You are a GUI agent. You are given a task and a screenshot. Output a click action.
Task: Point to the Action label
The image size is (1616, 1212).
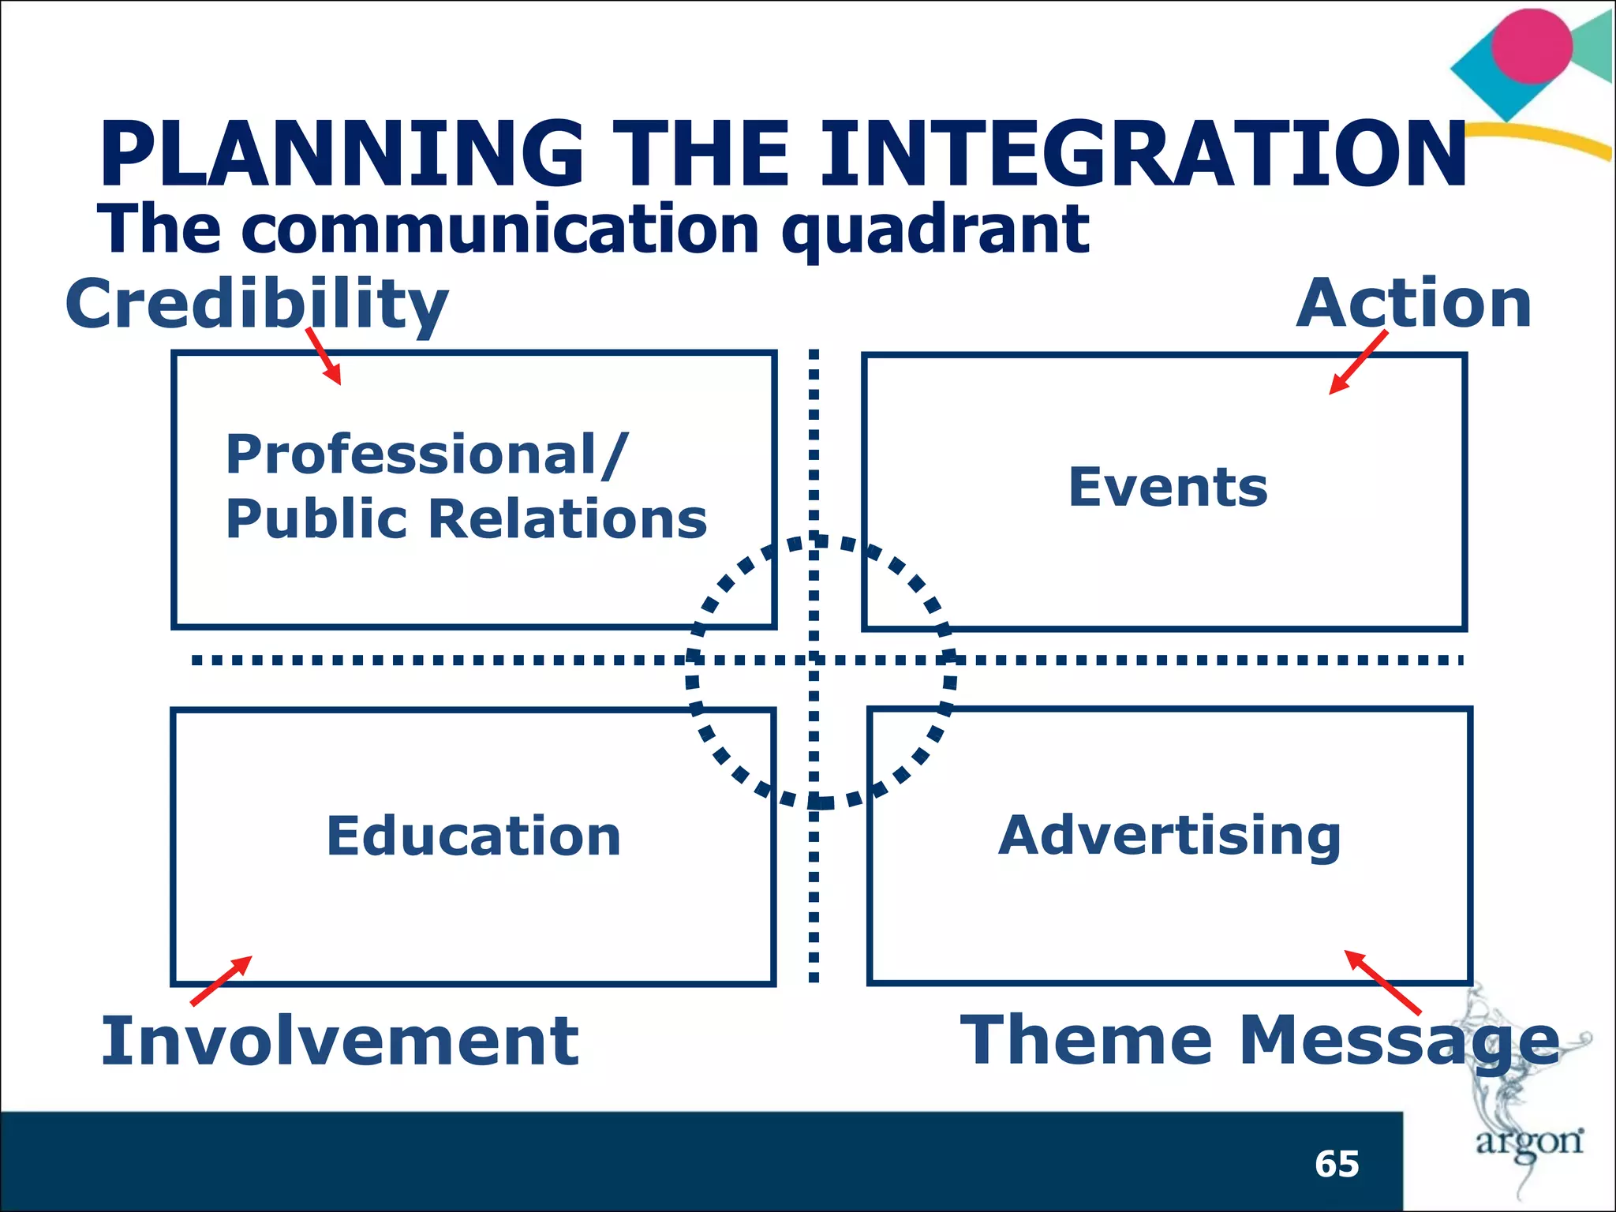coord(1413,304)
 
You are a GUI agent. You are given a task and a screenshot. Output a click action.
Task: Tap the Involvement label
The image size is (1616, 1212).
coord(339,1041)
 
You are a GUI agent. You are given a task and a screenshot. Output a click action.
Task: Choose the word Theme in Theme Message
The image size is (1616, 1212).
coord(1085,1039)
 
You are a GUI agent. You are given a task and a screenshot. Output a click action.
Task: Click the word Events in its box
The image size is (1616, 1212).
coord(1168,487)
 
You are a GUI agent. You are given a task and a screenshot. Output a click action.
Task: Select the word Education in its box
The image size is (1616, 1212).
coord(473,836)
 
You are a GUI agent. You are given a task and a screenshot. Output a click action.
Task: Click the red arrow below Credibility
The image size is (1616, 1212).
coord(324,356)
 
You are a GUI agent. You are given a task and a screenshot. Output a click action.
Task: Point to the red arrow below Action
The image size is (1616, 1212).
coord(1358,362)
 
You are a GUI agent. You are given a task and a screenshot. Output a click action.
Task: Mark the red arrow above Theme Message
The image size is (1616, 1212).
coord(1382,982)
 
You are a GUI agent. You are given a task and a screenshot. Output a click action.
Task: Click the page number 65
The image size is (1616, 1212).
coord(1337,1164)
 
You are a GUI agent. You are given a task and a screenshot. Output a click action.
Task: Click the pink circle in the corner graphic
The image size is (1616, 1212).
coord(1531,46)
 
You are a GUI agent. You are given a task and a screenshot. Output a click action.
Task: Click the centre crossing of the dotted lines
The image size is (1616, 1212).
coord(814,660)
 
